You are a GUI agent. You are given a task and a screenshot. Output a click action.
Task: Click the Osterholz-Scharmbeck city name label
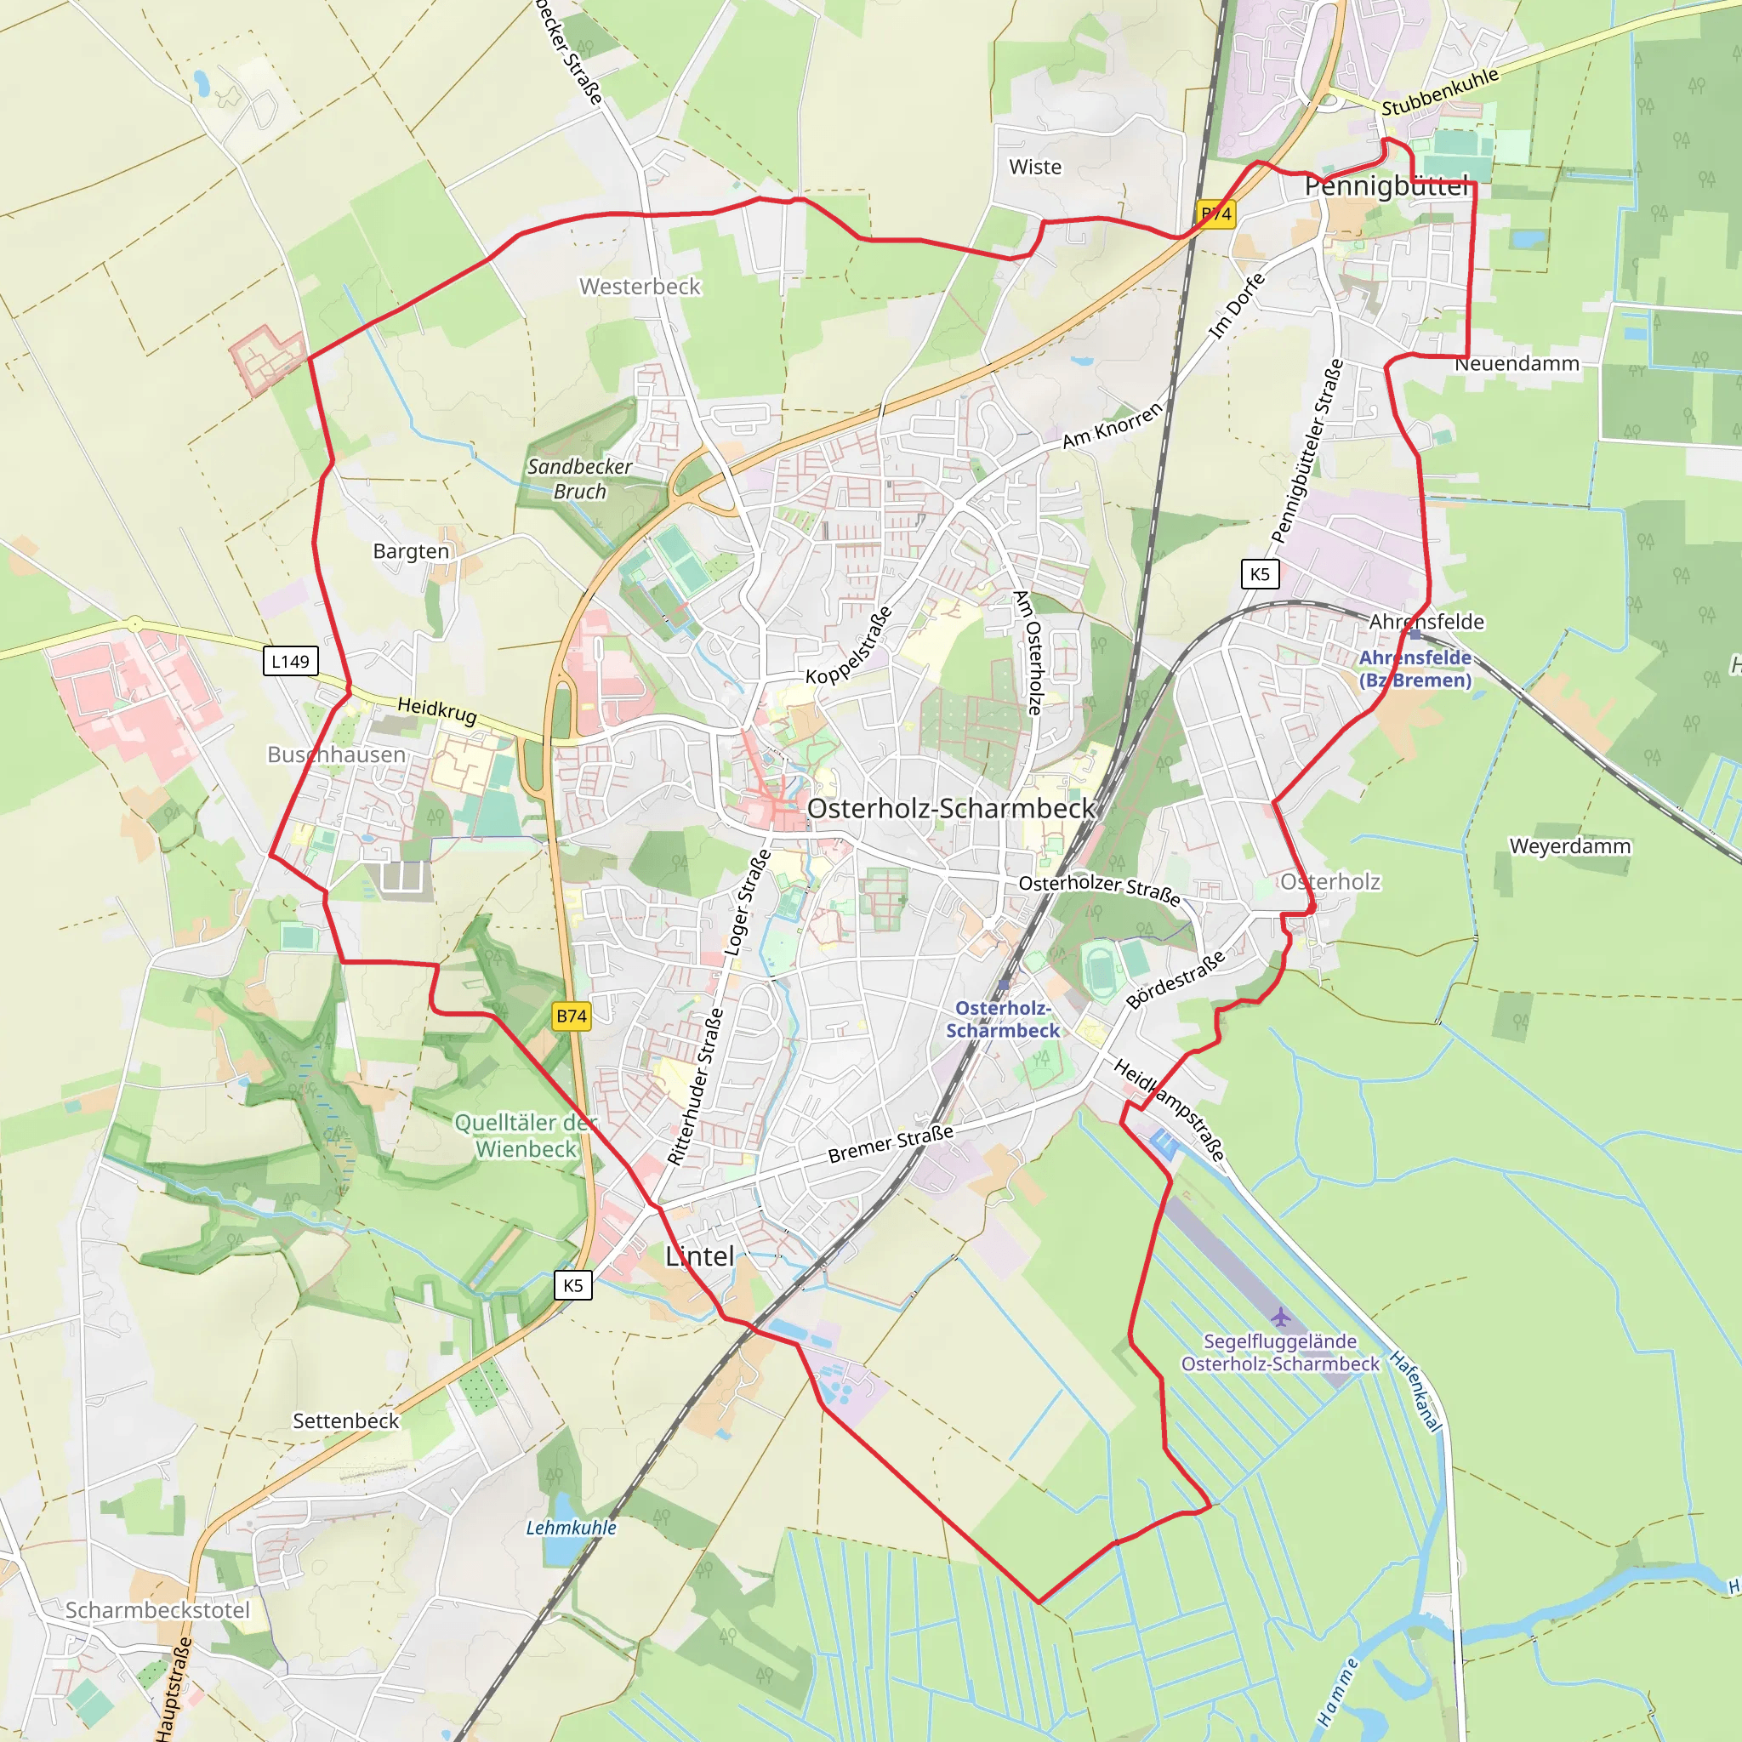tap(950, 809)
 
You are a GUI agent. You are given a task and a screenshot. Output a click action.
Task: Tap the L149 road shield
tap(290, 661)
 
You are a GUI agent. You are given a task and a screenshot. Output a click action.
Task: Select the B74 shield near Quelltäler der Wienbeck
tap(572, 1016)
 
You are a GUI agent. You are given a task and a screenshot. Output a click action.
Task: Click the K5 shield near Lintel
tap(573, 1286)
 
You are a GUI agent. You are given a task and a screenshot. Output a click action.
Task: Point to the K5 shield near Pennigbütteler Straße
tap(1260, 573)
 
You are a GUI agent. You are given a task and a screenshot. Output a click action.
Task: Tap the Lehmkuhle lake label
tap(571, 1528)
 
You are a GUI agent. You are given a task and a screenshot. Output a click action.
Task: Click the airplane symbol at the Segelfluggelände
tap(1281, 1319)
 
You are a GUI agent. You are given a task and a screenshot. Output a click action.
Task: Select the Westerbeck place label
tap(640, 287)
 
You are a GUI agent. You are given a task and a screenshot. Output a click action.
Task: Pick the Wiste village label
tap(1035, 167)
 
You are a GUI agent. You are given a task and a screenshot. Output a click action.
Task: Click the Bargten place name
tap(411, 551)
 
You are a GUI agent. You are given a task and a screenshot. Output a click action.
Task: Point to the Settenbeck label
tap(345, 1421)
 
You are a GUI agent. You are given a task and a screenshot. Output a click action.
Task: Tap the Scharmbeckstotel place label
tap(158, 1609)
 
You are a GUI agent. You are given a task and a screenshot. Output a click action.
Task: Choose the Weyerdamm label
tap(1570, 846)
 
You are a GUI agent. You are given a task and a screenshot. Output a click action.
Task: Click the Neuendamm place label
tap(1517, 363)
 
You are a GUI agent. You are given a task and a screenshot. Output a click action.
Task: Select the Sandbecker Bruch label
tap(580, 479)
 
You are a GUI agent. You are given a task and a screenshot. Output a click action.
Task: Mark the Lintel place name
tap(700, 1256)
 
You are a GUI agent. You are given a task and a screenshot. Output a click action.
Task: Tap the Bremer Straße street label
tap(890, 1144)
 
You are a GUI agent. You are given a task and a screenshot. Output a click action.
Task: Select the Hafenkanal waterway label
tap(1415, 1392)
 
